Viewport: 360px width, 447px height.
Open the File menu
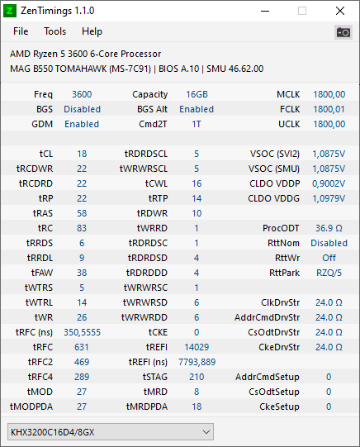pyautogui.click(x=21, y=31)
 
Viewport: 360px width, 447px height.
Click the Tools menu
pyautogui.click(x=55, y=31)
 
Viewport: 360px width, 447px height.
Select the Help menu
pyautogui.click(x=92, y=31)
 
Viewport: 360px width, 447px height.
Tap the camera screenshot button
pyautogui.click(x=343, y=32)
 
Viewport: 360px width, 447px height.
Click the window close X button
pyautogui.click(x=340, y=11)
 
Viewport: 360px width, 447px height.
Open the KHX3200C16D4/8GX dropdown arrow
pyautogui.click(x=206, y=432)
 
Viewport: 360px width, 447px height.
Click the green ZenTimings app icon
pyautogui.click(x=10, y=11)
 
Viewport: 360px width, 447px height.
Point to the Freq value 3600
pyautogui.click(x=82, y=94)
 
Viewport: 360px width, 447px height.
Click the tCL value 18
pyautogui.click(x=82, y=154)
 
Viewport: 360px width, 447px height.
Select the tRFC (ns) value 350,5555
pyautogui.click(x=82, y=332)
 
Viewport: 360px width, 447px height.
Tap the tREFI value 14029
pyautogui.click(x=197, y=347)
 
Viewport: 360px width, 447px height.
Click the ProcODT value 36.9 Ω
pyautogui.click(x=329, y=228)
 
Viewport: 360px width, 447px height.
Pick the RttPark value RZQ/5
pyautogui.click(x=329, y=273)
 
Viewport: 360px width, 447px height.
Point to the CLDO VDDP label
pyautogui.click(x=275, y=183)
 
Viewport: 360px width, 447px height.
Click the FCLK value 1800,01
pyautogui.click(x=329, y=109)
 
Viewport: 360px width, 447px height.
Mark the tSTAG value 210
pyautogui.click(x=197, y=377)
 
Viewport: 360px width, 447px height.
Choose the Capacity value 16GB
pyautogui.click(x=197, y=94)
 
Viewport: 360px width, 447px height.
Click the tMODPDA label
pyautogui.click(x=31, y=407)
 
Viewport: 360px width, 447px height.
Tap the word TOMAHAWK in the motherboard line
pyautogui.click(x=81, y=69)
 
